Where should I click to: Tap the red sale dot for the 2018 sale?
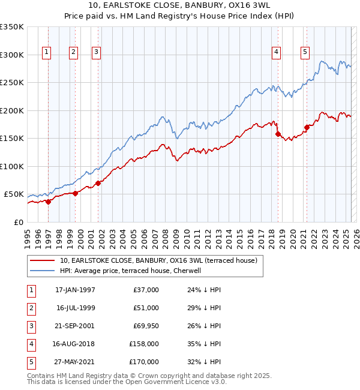(278, 134)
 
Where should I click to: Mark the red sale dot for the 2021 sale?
(307, 127)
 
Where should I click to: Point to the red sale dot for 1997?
(49, 202)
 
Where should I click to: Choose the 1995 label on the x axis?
(27, 234)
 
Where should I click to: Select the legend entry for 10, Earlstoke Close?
(158, 260)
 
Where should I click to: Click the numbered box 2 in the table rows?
(30, 308)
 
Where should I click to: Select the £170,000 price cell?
(143, 362)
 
